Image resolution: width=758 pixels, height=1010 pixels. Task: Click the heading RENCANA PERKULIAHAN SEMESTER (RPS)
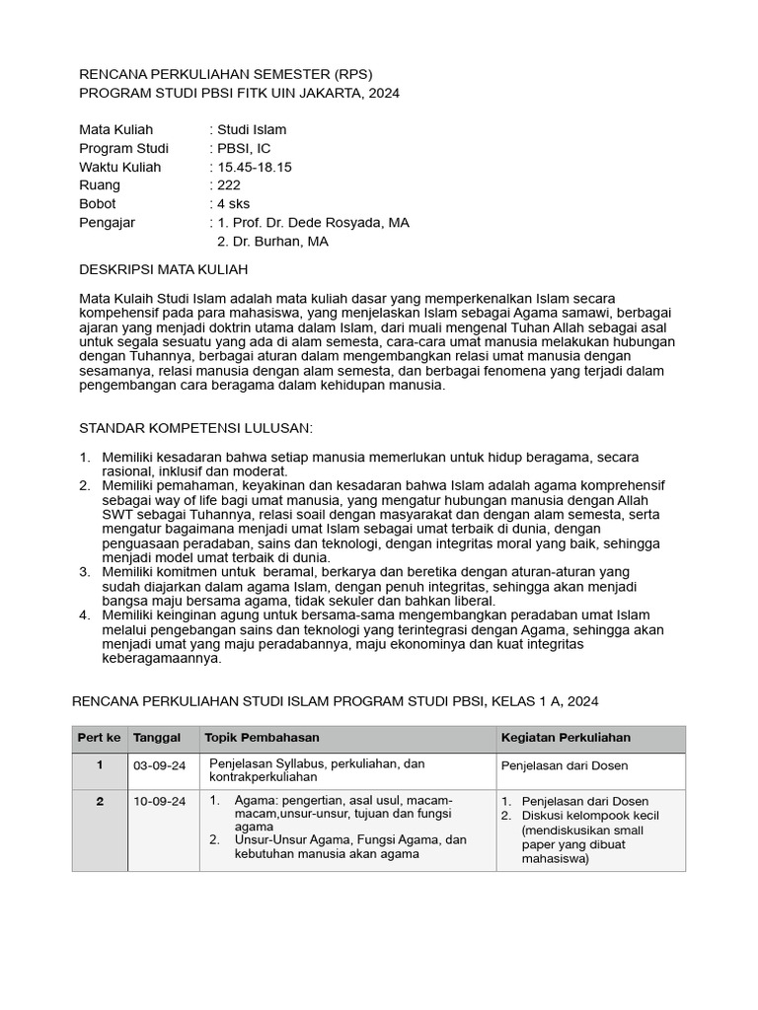226,74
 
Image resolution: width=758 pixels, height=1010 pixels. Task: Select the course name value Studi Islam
252,129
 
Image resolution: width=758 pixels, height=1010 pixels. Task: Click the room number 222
229,185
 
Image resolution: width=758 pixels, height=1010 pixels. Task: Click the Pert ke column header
100,738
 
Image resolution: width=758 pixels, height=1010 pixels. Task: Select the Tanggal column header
157,738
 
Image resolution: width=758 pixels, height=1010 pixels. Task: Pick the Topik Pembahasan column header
262,738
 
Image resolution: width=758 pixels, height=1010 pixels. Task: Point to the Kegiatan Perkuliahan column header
566,738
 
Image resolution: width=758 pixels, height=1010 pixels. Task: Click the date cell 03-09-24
159,765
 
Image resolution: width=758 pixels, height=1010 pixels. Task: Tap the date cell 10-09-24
159,802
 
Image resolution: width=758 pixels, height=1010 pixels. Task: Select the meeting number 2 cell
100,802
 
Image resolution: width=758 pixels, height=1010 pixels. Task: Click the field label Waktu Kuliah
119,167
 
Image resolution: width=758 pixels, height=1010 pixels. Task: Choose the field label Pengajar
107,223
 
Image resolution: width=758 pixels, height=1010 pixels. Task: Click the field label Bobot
97,204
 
